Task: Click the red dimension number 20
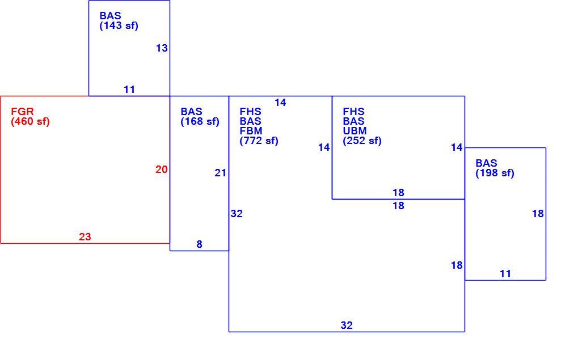[162, 170]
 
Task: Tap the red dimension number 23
[85, 237]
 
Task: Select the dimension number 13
[162, 48]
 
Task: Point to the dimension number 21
[221, 173]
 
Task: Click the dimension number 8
[199, 244]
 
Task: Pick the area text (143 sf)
[119, 26]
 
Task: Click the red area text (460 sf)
[31, 121]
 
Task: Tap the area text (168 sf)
[200, 121]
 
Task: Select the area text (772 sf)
[259, 141]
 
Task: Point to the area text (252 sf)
[362, 141]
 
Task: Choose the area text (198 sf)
[495, 173]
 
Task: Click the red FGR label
[22, 112]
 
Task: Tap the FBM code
[251, 130]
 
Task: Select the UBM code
[354, 130]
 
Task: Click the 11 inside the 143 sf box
[129, 89]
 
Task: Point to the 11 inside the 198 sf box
[505, 273]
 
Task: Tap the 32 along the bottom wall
[347, 325]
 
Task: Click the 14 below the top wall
[280, 103]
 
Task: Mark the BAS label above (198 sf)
[486, 163]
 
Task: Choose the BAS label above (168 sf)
[191, 112]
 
